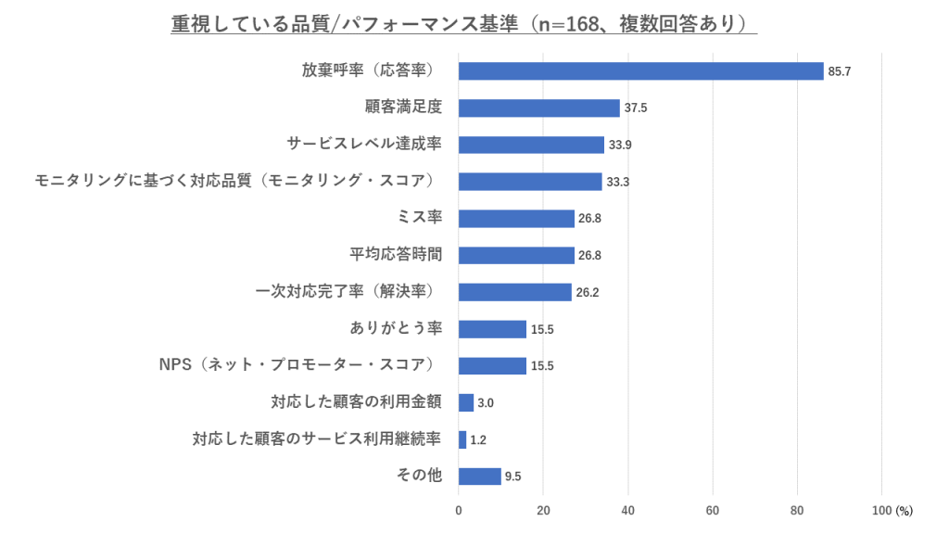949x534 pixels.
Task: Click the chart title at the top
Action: coord(463,24)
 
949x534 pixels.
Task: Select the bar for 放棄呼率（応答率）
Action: coord(640,71)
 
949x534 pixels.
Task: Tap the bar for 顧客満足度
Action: coord(538,108)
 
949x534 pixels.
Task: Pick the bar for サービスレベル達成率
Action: coord(531,145)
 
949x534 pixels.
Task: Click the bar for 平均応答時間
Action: coord(516,255)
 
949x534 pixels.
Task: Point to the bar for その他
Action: coord(479,477)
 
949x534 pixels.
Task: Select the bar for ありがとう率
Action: coord(492,329)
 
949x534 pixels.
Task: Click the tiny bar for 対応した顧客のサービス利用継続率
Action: coord(462,439)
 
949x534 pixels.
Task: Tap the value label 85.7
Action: coord(840,71)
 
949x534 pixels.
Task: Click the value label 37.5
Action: coord(636,108)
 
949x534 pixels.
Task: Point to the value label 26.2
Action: coord(588,292)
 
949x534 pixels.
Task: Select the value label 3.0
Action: coord(486,402)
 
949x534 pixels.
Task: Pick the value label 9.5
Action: coord(512,477)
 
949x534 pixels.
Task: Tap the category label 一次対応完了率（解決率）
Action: coord(346,292)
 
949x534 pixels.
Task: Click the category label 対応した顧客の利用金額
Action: coord(356,402)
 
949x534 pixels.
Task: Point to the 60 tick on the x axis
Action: coord(713,511)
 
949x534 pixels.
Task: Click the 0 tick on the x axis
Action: coord(459,511)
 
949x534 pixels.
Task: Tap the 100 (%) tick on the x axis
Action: coord(892,511)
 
